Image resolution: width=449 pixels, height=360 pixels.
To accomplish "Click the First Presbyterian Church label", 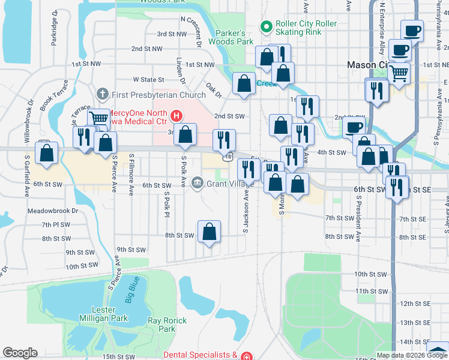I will click(159, 94).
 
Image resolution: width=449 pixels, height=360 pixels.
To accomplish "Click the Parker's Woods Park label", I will click(231, 37).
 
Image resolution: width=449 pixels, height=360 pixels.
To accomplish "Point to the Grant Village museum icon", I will click(197, 182).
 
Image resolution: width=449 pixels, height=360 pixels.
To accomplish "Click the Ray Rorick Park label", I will click(167, 325).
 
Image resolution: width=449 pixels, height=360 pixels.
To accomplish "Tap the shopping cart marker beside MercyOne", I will click(98, 118).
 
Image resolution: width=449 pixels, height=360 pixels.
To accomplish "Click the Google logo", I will click(20, 353).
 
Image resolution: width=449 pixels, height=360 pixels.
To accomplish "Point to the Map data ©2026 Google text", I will click(412, 355).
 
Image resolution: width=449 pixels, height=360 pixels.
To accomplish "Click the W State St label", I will click(148, 79).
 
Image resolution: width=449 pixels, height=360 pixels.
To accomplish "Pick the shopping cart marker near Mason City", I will click(399, 73).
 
